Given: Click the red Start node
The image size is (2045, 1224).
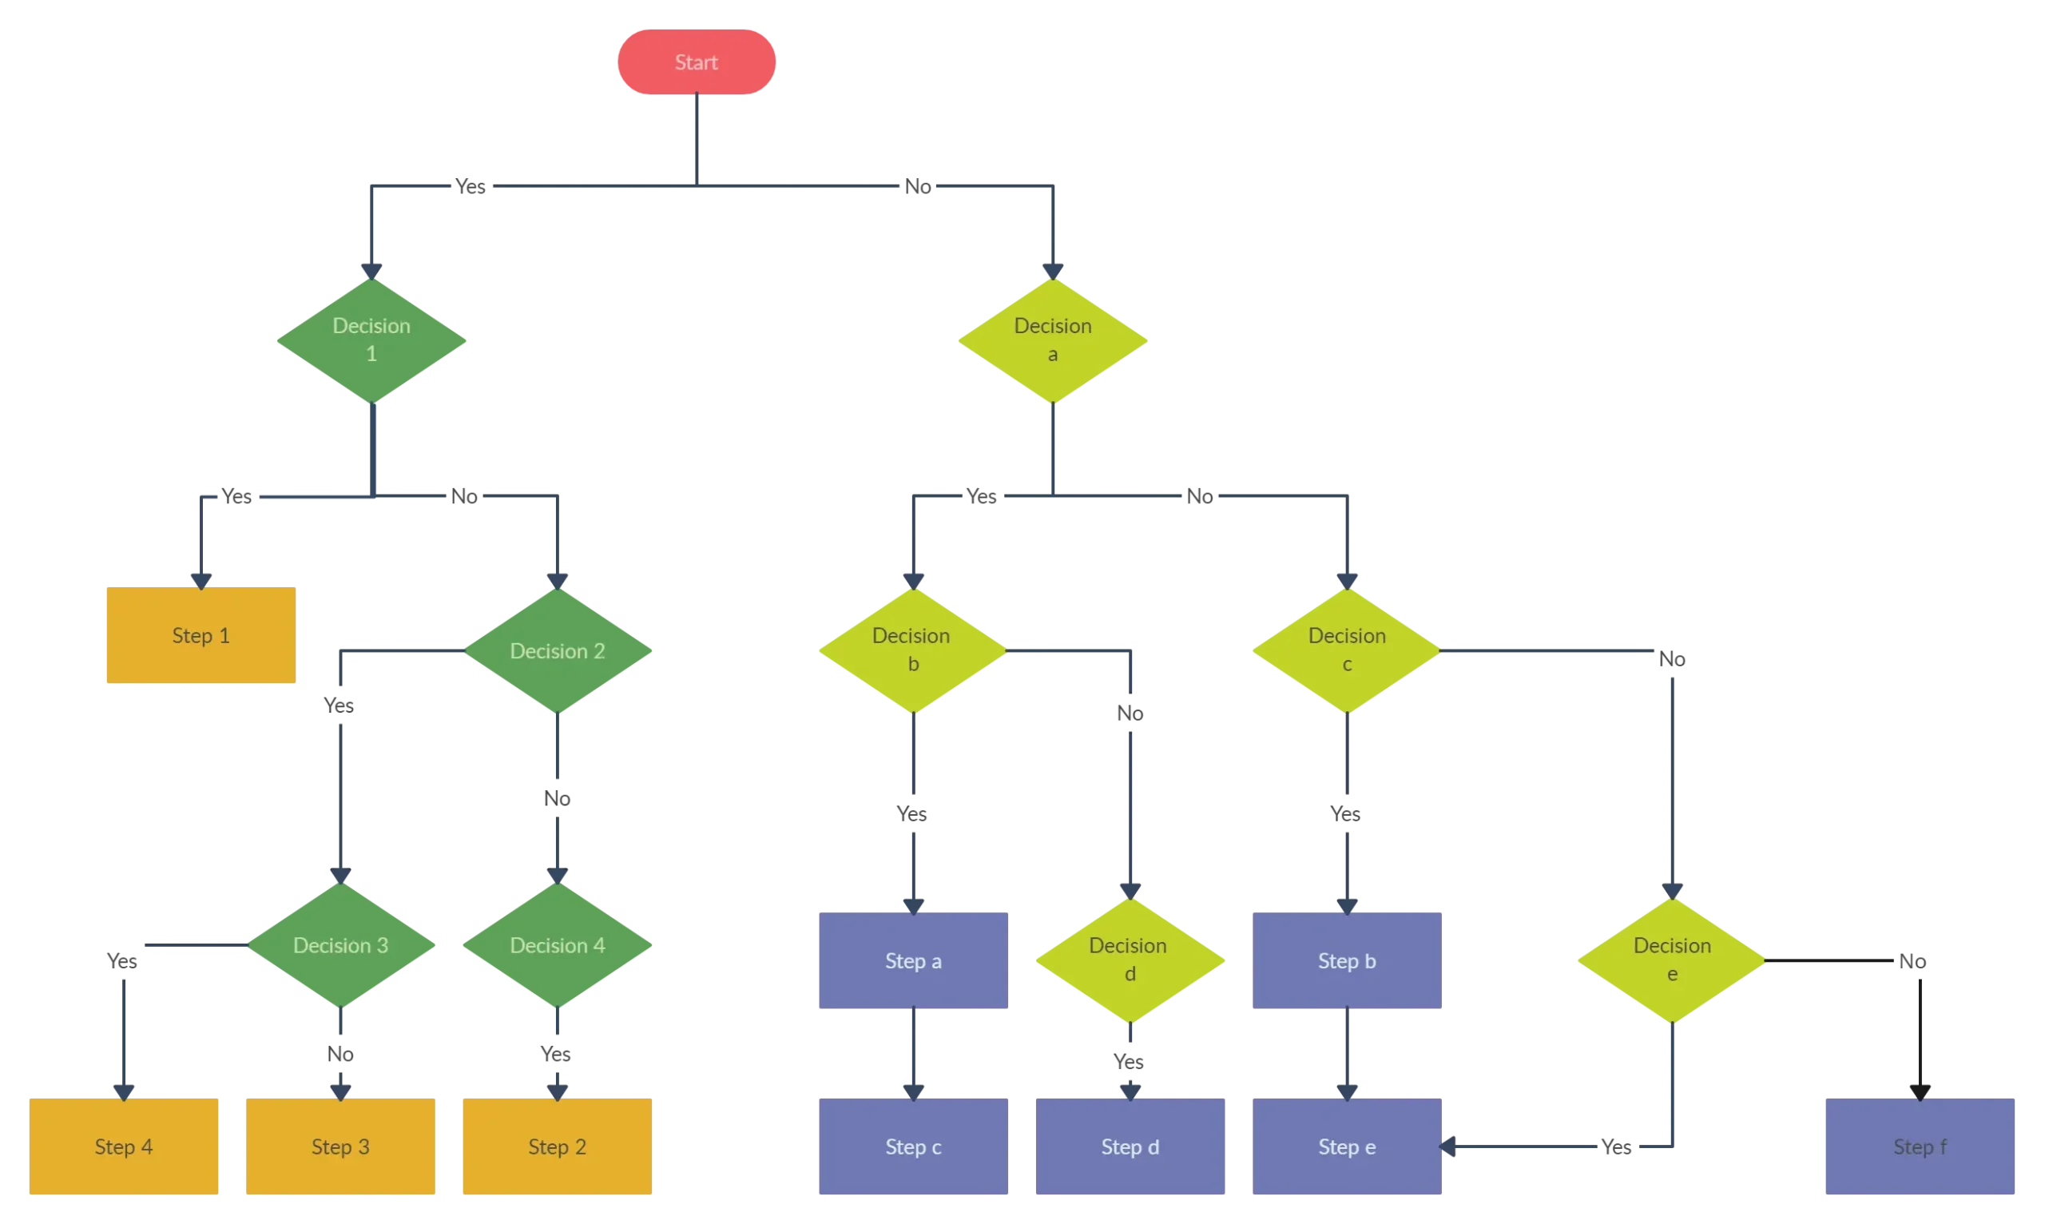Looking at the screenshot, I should [x=697, y=62].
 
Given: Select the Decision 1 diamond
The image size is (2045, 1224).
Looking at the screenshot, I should [x=371, y=340].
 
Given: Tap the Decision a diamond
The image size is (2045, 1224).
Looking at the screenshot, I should [x=1053, y=340].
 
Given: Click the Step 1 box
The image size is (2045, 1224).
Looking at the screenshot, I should [x=201, y=634].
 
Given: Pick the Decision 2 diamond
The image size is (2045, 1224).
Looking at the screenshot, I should [x=558, y=651].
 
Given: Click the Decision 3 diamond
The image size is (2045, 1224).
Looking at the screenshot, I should [x=341, y=945].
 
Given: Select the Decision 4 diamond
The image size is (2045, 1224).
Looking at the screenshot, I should [x=558, y=945].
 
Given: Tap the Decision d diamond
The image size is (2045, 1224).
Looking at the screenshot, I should [x=1129, y=960].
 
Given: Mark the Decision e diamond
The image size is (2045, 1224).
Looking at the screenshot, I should [x=1671, y=960].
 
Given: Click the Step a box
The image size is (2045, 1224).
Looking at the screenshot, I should [x=913, y=960].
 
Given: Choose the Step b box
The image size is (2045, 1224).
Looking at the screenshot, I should [x=1347, y=960].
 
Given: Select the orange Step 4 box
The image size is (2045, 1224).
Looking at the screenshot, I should [x=124, y=1146].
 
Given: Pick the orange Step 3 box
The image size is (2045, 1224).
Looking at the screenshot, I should [x=340, y=1146].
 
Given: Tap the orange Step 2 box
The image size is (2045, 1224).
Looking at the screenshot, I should [x=558, y=1146].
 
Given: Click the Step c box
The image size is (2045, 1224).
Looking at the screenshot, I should [x=913, y=1146].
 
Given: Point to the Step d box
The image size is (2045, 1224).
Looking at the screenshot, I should [x=1130, y=1146].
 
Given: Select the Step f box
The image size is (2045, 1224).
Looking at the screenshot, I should [x=1920, y=1146].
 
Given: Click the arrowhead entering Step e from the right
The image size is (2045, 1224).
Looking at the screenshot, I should [x=1449, y=1147].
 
